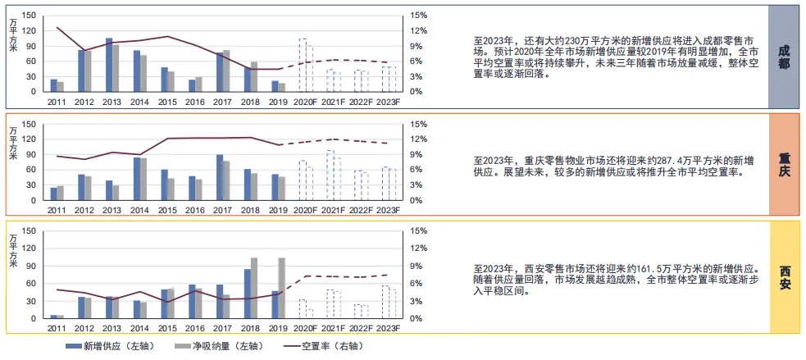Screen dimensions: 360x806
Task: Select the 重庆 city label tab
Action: (785, 165)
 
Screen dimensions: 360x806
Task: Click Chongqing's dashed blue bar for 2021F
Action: (330, 175)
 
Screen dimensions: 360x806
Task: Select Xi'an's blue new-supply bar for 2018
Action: (248, 293)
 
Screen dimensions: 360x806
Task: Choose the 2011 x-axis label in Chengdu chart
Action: (57, 101)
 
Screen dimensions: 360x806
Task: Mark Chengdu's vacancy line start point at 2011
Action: (57, 28)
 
